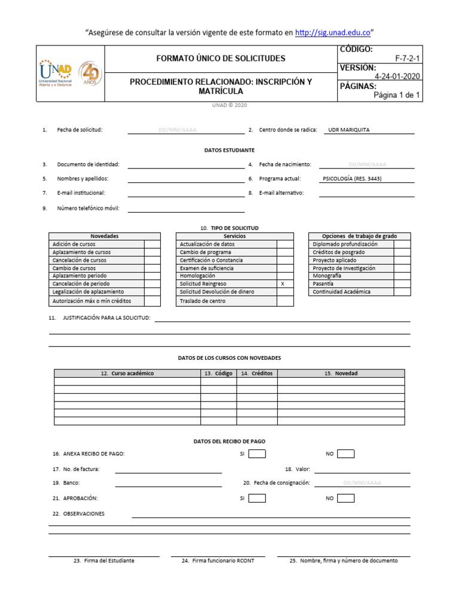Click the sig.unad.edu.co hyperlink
[333, 32]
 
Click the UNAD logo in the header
[56, 73]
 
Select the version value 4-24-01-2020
[397, 76]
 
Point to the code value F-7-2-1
[408, 59]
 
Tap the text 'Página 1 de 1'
[397, 95]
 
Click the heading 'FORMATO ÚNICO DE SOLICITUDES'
[221, 59]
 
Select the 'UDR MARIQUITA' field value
[349, 130]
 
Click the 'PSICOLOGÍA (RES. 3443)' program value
[352, 179]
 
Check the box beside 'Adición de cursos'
[152, 244]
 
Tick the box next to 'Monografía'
[402, 276]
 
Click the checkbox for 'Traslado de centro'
[285, 301]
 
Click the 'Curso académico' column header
[127, 374]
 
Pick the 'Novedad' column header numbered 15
[341, 374]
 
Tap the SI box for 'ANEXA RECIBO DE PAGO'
[257, 454]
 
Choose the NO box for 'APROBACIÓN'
[345, 498]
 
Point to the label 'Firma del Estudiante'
[104, 561]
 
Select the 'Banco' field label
[71, 483]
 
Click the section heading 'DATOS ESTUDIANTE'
[229, 150]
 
